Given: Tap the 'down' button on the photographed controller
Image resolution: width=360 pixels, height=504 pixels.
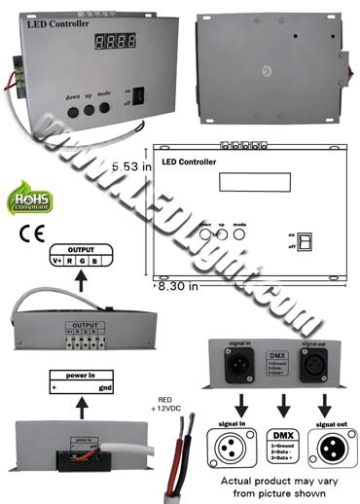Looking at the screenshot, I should click(73, 110).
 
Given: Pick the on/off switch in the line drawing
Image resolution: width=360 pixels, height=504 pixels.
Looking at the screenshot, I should click(305, 240).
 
